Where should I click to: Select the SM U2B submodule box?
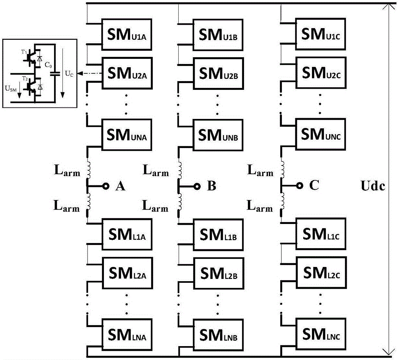pos(217,73)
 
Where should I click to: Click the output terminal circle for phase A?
pos(106,186)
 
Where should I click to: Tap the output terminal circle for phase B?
pos(196,186)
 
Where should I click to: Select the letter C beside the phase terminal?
pos(314,186)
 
